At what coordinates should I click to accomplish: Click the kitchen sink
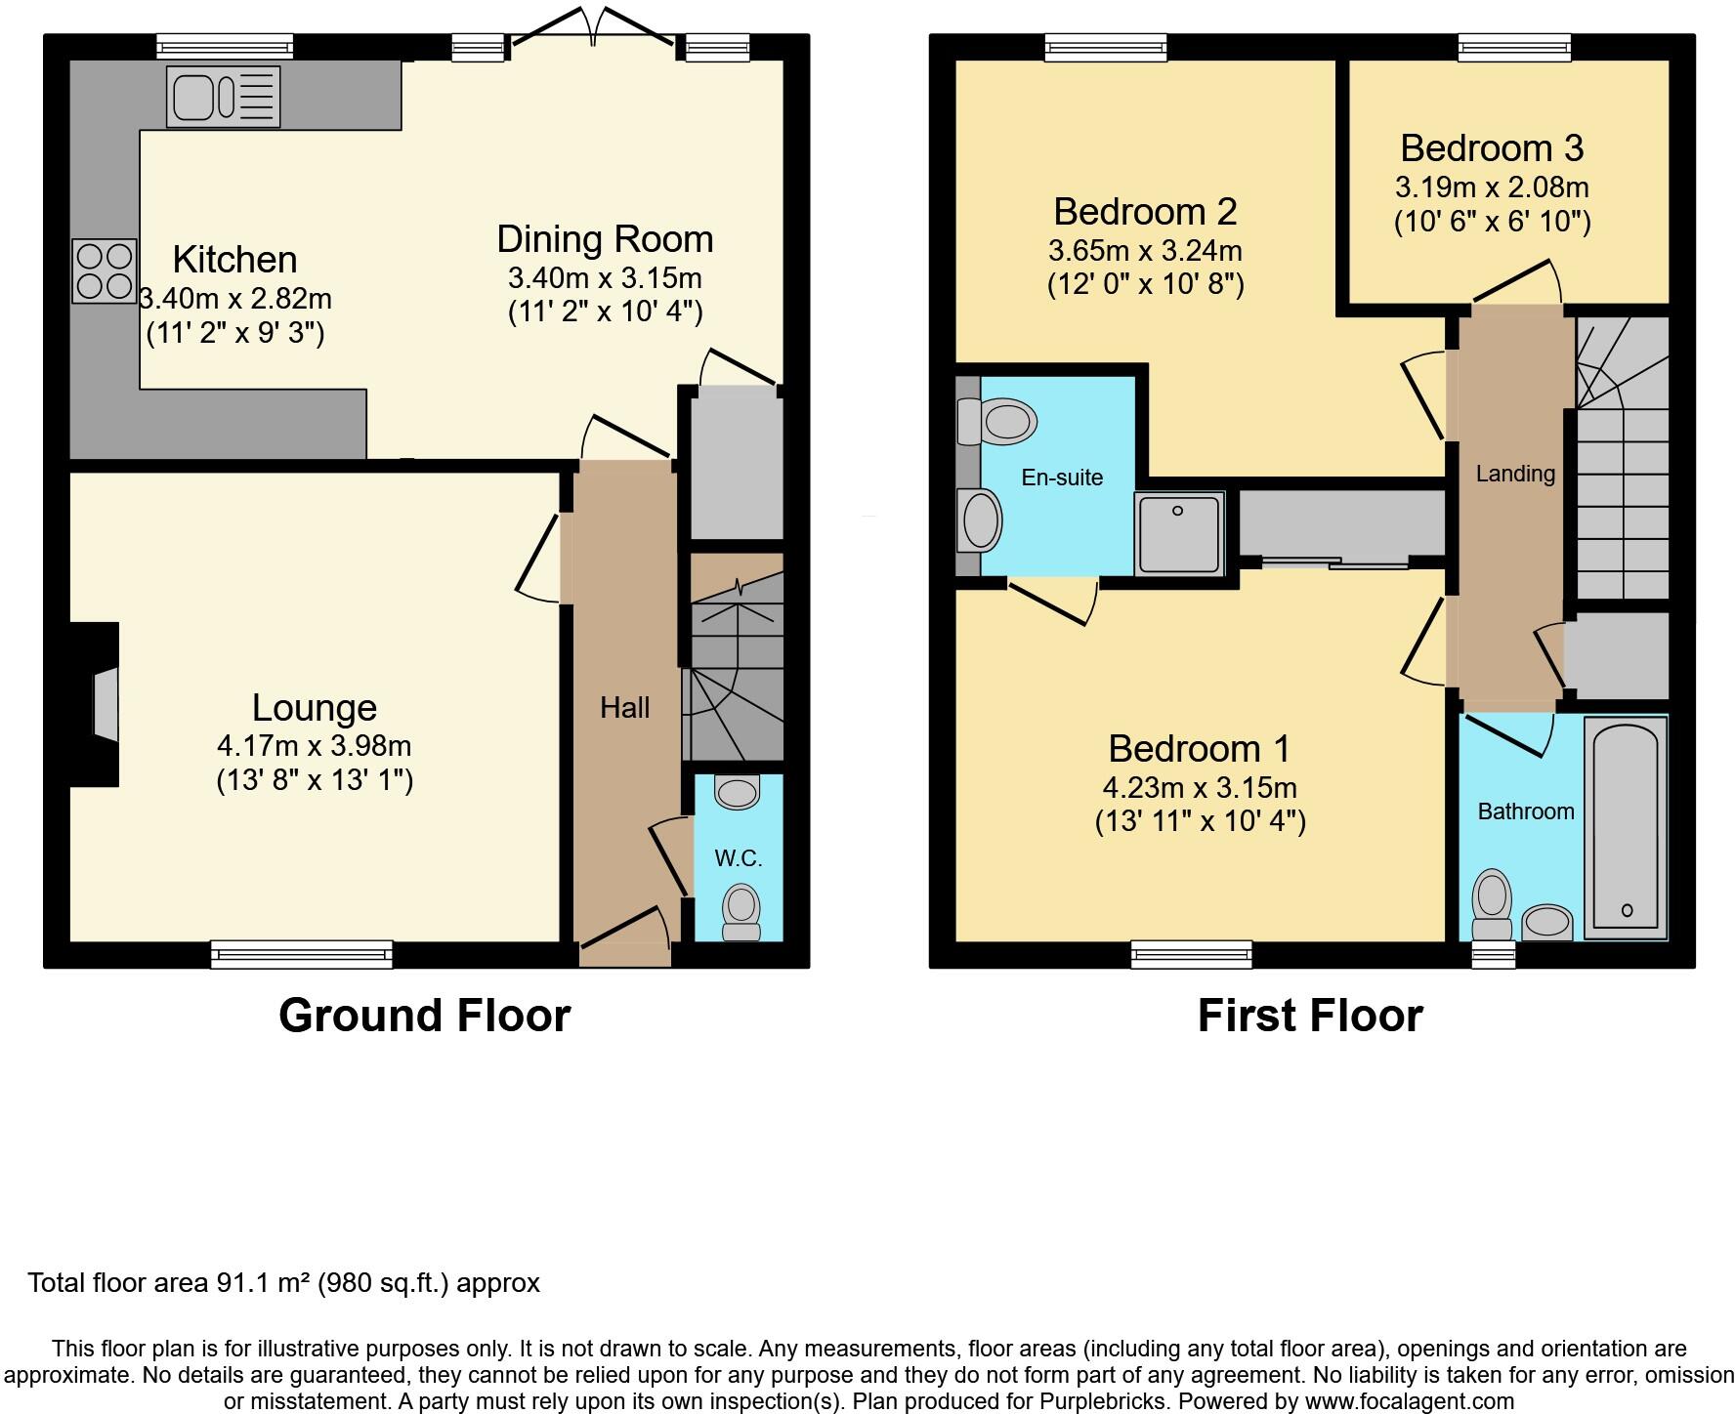tap(224, 96)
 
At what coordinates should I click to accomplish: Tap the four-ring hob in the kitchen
tap(105, 271)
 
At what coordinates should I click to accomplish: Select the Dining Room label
tap(605, 239)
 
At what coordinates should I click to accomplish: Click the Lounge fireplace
tap(95, 703)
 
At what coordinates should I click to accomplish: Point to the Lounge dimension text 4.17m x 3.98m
tap(314, 746)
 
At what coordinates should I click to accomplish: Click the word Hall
tap(625, 707)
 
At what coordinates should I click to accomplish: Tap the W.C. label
tap(739, 858)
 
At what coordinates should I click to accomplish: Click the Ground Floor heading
tap(424, 1016)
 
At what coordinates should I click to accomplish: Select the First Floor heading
tap(1310, 1016)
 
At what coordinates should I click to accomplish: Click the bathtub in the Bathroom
tap(1626, 828)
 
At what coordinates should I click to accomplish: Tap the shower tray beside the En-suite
tap(1179, 534)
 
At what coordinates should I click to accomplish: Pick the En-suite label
tap(1062, 478)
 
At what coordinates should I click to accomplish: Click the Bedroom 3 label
tap(1492, 148)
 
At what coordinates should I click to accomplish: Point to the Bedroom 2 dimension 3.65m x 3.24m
tap(1145, 250)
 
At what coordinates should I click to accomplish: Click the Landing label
tap(1515, 475)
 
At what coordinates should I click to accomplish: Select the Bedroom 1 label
tap(1200, 749)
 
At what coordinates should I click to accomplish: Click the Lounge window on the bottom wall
tap(302, 954)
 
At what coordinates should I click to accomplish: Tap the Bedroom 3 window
tap(1514, 47)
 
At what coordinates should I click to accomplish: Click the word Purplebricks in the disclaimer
tap(1102, 1401)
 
